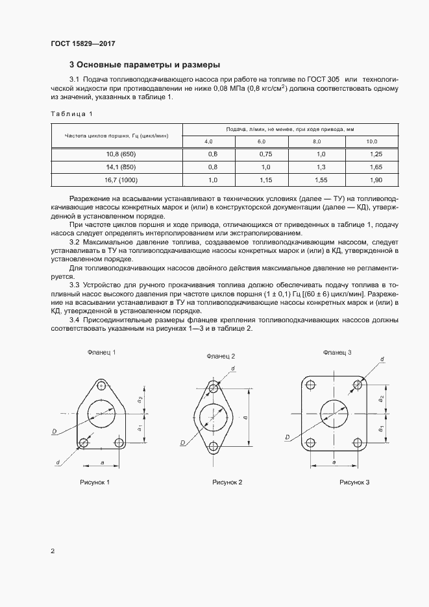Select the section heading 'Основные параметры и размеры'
(145, 65)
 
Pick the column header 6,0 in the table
(262, 141)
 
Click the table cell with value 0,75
(265, 154)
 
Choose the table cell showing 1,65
(374, 167)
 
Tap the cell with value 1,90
(374, 179)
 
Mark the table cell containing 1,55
(319, 179)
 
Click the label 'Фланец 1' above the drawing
(101, 352)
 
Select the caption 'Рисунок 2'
(227, 482)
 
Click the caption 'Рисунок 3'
(354, 482)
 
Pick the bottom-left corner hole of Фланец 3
(312, 444)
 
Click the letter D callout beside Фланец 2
(184, 443)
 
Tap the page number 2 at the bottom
(53, 551)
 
